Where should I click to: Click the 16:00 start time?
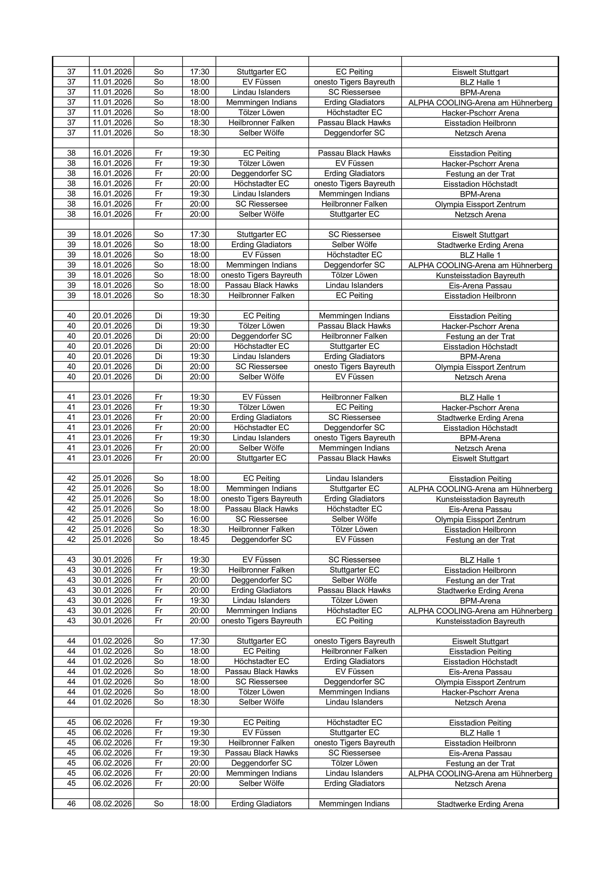[x=199, y=519]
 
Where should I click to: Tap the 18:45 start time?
[x=199, y=539]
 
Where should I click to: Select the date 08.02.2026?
[x=112, y=804]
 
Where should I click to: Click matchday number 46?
[x=71, y=804]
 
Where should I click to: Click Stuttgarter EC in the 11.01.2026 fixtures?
[x=262, y=72]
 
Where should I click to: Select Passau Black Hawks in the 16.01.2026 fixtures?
[x=354, y=153]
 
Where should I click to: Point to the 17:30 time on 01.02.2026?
[x=199, y=641]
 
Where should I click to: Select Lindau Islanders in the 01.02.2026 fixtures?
[x=354, y=702]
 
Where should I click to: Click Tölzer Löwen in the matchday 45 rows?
[x=354, y=763]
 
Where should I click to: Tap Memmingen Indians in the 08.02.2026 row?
[x=354, y=804]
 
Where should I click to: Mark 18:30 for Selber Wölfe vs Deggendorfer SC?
[x=199, y=133]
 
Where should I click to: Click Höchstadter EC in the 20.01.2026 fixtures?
[x=262, y=346]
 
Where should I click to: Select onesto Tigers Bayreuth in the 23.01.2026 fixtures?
[x=354, y=438]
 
